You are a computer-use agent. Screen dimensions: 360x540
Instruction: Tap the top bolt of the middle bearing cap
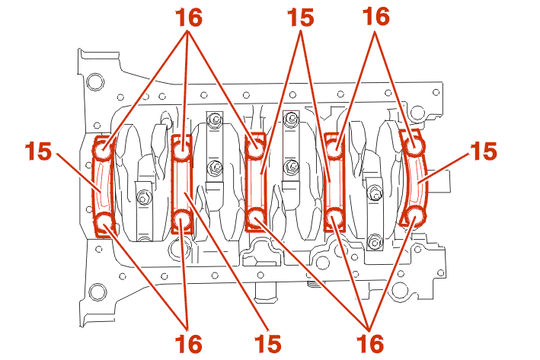(x=256, y=148)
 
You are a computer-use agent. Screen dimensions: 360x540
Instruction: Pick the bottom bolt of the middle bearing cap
(x=256, y=221)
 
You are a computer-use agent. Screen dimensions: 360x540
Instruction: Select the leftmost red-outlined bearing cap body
(x=102, y=186)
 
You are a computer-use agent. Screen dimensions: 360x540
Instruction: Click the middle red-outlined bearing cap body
(x=256, y=185)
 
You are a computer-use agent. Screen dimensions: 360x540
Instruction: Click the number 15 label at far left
(x=38, y=150)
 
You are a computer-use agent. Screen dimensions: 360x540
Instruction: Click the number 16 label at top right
(x=376, y=18)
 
